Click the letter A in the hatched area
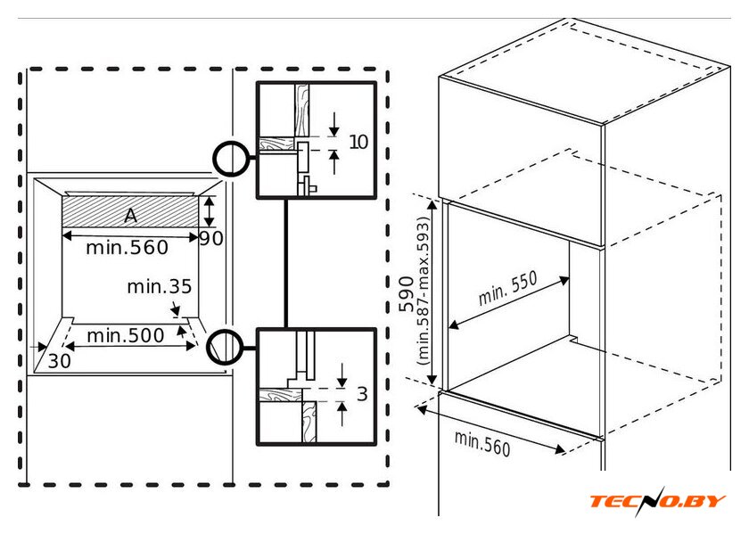131,215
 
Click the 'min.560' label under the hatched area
127,248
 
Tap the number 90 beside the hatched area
210,239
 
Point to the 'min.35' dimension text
160,286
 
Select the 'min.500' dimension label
125,335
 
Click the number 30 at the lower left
59,361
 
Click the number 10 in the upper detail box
358,142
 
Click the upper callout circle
231,159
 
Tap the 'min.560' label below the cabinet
482,443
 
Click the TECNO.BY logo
657,501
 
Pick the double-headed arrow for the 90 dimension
209,212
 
